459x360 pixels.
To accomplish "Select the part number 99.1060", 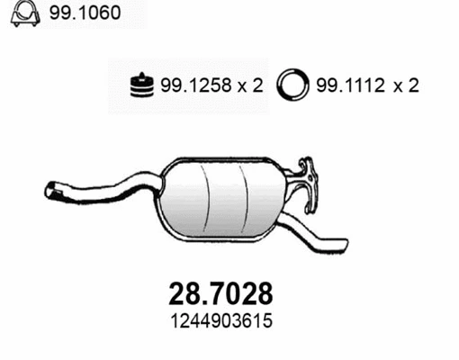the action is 85,13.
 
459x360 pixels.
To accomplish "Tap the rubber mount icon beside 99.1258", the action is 142,85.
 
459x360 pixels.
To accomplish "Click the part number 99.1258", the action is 196,85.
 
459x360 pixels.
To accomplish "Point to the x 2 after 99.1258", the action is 250,85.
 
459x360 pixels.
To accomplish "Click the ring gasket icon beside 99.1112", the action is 292,85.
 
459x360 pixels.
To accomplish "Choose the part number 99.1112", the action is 351,85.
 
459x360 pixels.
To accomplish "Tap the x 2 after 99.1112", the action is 406,85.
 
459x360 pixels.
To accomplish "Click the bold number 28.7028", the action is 220,293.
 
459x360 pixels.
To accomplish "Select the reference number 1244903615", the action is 221,320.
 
